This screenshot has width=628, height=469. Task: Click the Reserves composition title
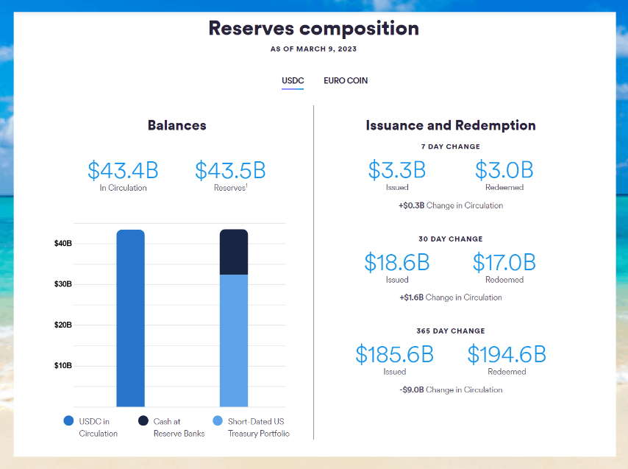pos(314,29)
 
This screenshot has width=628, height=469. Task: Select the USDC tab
pos(293,80)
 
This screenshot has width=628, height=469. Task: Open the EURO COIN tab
pos(346,80)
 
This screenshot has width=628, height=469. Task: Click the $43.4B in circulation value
pos(123,171)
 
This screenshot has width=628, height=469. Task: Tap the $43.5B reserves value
pos(230,171)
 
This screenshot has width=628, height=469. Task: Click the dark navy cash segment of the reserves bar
pos(234,252)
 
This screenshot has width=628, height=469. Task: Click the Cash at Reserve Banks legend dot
pos(143,421)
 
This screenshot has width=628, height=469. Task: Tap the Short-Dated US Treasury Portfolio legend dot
pos(217,421)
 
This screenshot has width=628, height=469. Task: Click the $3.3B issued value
pos(397,170)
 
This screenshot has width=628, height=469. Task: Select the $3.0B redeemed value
pos(504,170)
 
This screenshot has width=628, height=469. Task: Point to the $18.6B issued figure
pos(397,262)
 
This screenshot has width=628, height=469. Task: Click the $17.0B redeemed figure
pos(504,262)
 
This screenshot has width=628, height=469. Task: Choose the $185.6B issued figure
pos(395,354)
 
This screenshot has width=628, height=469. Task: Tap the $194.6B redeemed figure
pos(507,354)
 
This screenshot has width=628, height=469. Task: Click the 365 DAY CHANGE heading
pos(451,331)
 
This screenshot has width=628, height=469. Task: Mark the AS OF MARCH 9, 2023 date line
pos(314,49)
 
